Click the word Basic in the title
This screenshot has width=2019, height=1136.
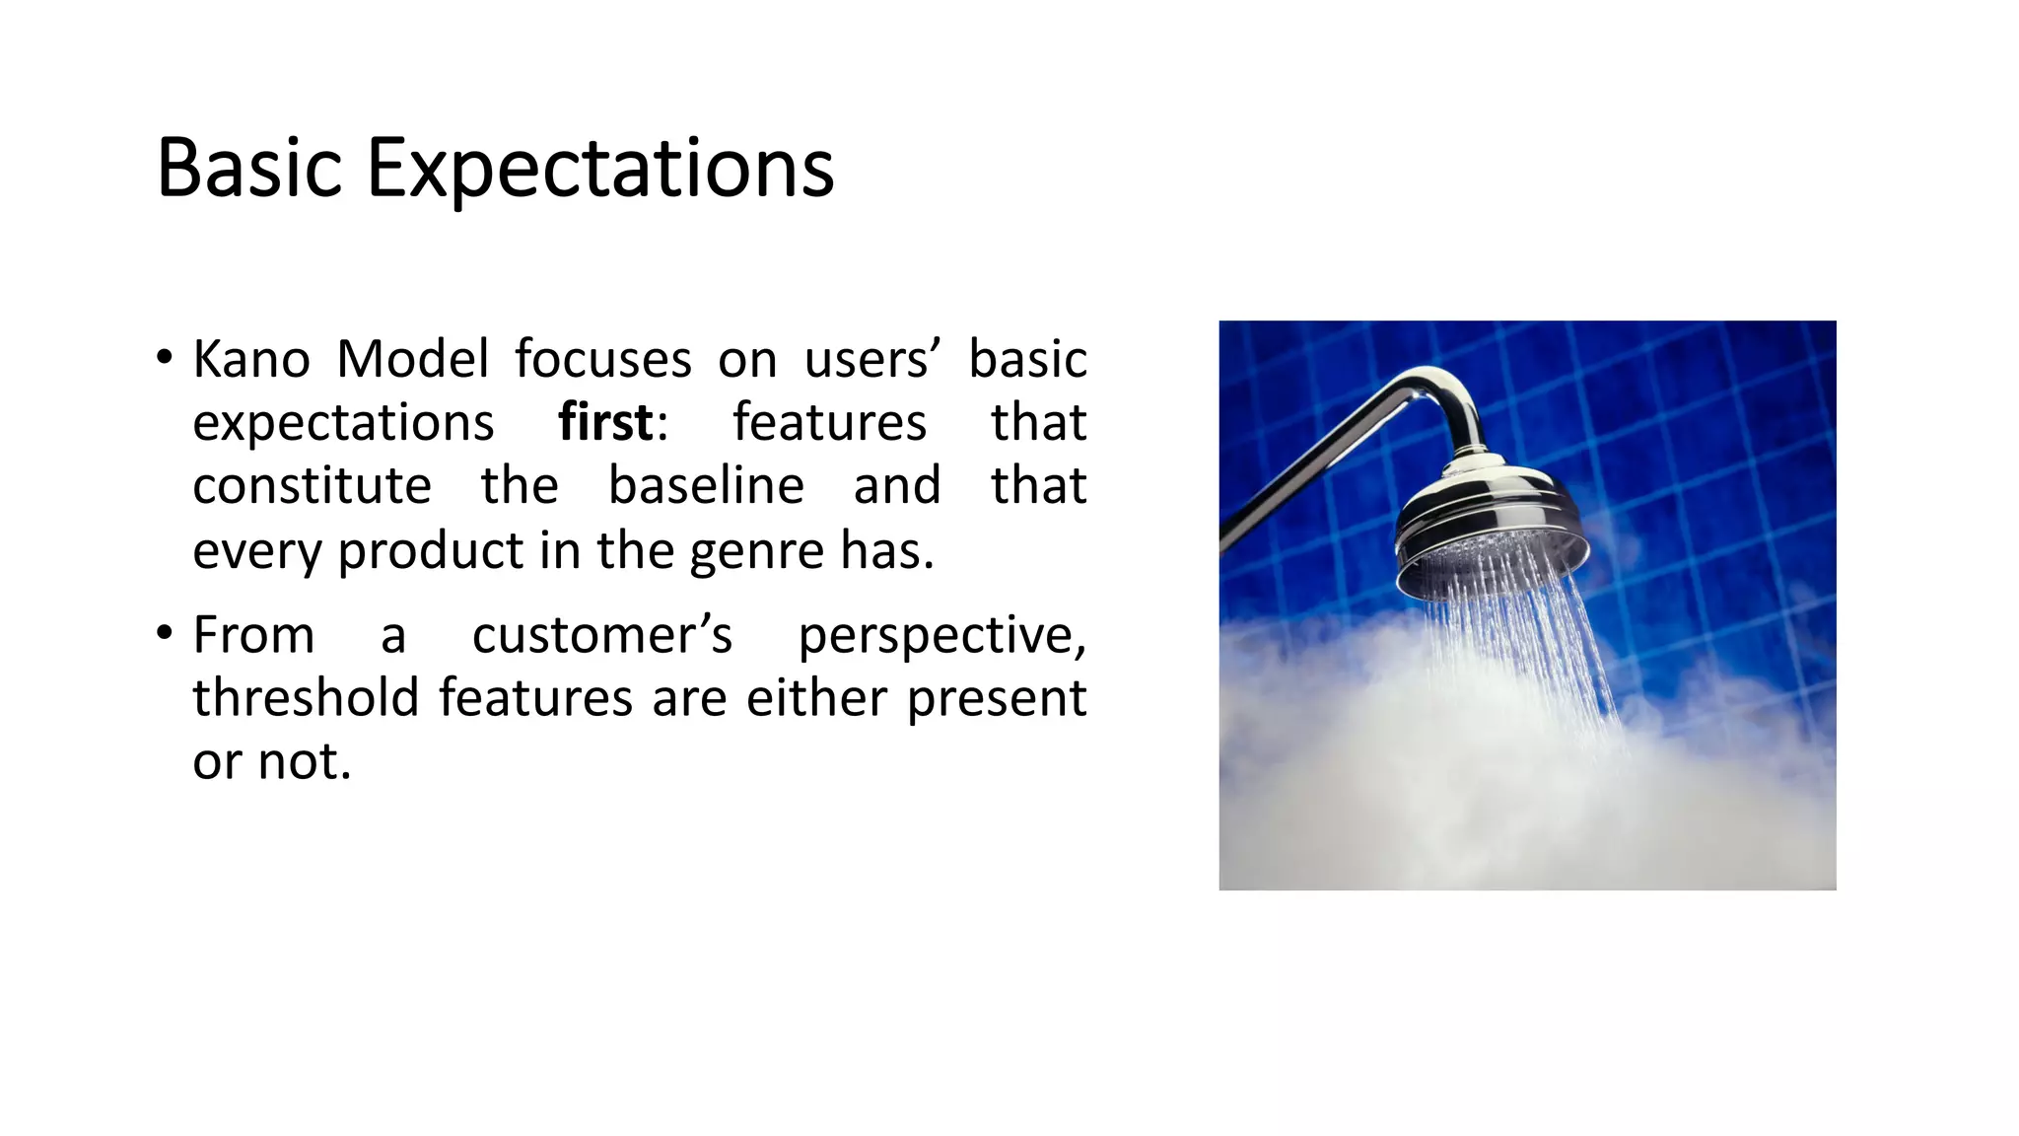pos(249,168)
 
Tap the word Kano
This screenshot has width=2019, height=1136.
pos(251,359)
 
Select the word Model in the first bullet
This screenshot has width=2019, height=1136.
pos(412,359)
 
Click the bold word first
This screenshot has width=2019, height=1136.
pos(605,423)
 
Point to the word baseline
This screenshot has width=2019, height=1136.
pos(706,486)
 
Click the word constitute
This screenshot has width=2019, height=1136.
pos(312,486)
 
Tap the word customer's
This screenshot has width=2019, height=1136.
pos(602,635)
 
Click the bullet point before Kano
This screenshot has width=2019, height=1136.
pos(165,357)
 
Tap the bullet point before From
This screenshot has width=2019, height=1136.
pos(165,633)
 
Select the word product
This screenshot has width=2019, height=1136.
pos(430,551)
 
